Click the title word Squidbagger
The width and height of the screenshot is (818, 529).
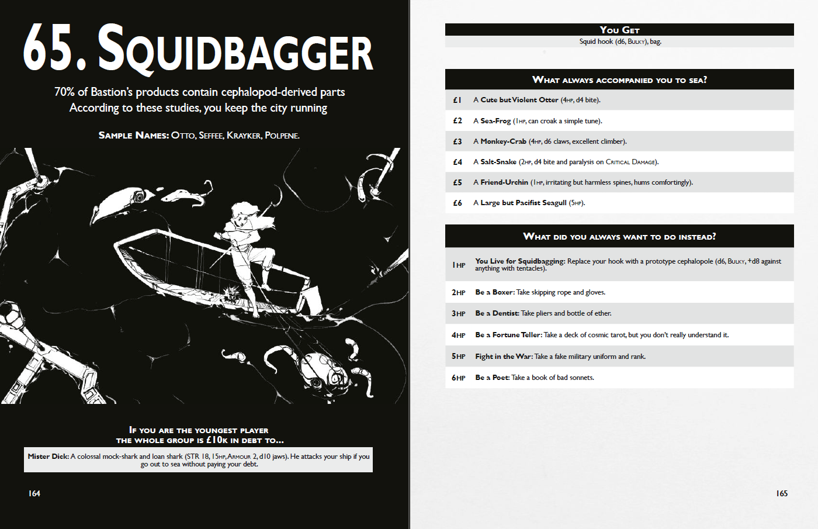pos(235,50)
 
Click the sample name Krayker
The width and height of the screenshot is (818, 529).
pos(244,136)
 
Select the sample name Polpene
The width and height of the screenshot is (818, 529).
pos(282,136)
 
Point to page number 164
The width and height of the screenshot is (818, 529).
pos(34,493)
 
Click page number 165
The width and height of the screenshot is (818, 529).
pos(782,493)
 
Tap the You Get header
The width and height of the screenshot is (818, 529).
pos(619,30)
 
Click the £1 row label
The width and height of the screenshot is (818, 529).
pos(457,100)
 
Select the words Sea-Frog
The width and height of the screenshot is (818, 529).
pos(495,121)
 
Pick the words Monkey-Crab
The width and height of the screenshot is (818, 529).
pos(503,141)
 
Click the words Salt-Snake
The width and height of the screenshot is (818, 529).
pos(498,162)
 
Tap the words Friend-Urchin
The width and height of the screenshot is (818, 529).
pos(504,182)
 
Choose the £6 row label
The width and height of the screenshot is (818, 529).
pos(457,203)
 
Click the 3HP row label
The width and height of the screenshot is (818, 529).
pos(459,313)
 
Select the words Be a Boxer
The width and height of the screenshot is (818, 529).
pos(495,292)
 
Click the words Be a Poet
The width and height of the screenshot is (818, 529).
pos(492,378)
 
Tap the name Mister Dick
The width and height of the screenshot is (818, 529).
pos(48,457)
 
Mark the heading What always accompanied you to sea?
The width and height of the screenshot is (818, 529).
pos(619,79)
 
